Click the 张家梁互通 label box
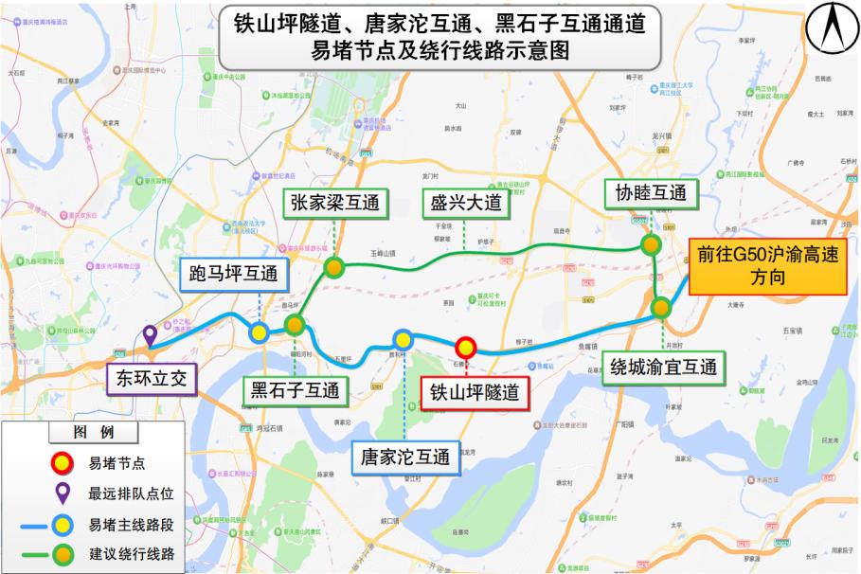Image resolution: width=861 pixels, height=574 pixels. click(x=334, y=203)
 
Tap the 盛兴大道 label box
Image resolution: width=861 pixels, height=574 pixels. click(x=464, y=203)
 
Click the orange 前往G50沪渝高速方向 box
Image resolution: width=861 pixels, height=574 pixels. click(x=766, y=267)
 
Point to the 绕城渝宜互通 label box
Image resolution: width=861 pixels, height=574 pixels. click(x=663, y=367)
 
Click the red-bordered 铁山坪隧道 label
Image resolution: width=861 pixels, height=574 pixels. click(x=475, y=392)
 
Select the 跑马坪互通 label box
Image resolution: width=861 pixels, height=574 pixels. click(x=233, y=276)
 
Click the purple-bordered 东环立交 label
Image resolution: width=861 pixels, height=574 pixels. click(x=152, y=380)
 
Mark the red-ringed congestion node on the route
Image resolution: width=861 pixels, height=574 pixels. click(x=465, y=349)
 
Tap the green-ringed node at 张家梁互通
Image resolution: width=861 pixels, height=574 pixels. click(x=333, y=267)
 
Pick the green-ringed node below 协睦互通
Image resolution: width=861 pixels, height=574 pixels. click(x=651, y=244)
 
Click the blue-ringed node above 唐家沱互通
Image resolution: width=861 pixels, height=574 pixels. click(x=404, y=340)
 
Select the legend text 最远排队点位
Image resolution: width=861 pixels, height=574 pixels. click(x=131, y=493)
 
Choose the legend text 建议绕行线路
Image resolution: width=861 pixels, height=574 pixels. click(x=131, y=552)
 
